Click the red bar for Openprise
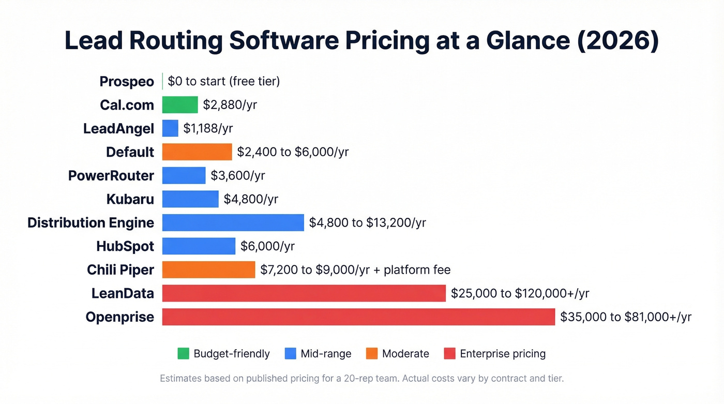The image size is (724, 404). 358,317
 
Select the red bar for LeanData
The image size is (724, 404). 304,293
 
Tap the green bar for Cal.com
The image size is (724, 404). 180,105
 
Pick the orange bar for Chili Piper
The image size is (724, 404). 208,270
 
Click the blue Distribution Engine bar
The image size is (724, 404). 233,222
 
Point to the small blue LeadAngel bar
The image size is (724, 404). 170,128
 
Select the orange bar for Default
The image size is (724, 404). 197,152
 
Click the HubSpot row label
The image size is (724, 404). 125,246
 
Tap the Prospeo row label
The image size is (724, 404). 127,82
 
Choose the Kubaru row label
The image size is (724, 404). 130,199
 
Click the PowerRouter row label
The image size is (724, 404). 111,175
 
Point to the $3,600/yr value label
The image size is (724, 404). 238,175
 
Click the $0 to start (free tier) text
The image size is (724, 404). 223,81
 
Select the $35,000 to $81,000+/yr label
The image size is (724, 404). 626,317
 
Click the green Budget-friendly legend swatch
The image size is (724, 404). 184,354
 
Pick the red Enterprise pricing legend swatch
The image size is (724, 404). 450,354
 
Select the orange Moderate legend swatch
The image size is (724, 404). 372,354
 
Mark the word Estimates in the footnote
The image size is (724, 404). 180,378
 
